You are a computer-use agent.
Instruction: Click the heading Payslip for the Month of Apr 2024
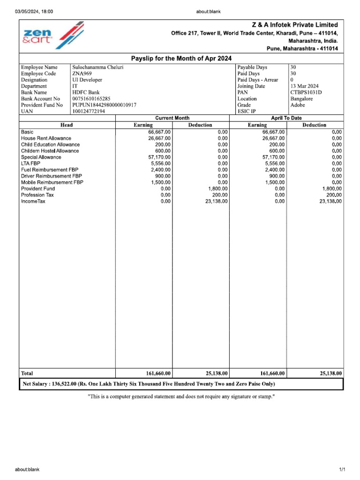click(181, 58)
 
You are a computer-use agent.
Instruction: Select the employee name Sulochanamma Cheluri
click(97, 67)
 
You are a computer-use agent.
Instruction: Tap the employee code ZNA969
click(82, 74)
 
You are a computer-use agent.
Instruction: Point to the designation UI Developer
click(87, 80)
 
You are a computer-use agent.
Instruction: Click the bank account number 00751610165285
click(91, 99)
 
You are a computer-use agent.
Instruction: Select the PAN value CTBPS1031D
click(306, 92)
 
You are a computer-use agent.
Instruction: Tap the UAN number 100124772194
click(89, 112)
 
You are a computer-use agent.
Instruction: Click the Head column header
click(67, 125)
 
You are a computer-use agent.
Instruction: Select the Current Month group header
click(172, 118)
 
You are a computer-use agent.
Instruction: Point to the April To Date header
click(286, 118)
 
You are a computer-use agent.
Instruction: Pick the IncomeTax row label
click(33, 202)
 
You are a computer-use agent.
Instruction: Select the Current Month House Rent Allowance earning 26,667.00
click(159, 139)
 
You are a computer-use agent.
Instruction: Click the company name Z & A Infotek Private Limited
click(295, 25)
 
